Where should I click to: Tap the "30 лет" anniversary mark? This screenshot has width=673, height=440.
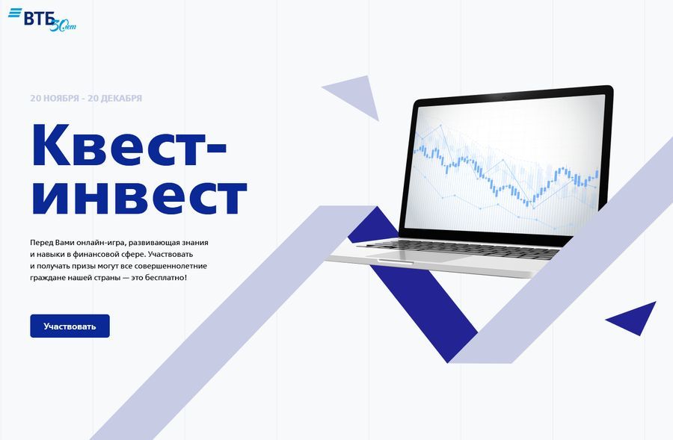[x=63, y=25]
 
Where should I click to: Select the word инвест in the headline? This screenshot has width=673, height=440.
[x=140, y=197]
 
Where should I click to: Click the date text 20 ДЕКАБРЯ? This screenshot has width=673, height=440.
[x=114, y=98]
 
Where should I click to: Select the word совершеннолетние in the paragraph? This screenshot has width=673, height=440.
[x=170, y=266]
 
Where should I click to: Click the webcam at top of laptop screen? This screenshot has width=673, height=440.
[x=503, y=98]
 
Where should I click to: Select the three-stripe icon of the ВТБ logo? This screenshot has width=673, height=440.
[x=15, y=13]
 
